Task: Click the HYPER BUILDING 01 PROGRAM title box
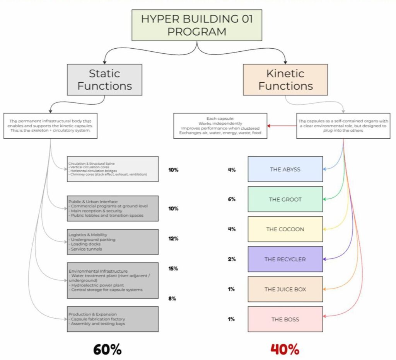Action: tap(197, 25)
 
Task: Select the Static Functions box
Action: tap(104, 80)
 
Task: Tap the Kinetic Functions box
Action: tap(285, 80)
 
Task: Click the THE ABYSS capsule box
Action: tap(285, 169)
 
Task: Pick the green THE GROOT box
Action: tap(285, 199)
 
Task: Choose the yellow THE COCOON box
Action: tap(285, 229)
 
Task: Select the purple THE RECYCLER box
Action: tap(285, 259)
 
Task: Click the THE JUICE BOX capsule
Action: tap(285, 289)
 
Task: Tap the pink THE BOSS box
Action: tap(285, 319)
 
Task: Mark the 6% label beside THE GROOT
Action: tap(232, 199)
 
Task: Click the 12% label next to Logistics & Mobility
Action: tap(173, 239)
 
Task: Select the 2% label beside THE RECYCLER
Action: tap(232, 259)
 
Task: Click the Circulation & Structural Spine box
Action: tap(113, 169)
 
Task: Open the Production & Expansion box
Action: tap(113, 319)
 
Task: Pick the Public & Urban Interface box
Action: tap(113, 209)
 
